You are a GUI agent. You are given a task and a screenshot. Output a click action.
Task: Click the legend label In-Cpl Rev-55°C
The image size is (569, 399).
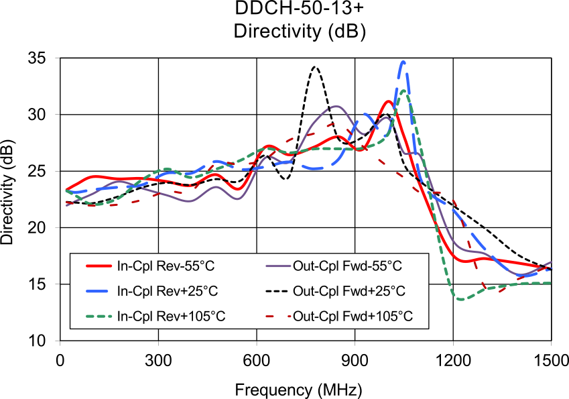point(166,266)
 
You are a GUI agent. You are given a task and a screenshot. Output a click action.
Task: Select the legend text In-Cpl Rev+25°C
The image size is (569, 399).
point(167,291)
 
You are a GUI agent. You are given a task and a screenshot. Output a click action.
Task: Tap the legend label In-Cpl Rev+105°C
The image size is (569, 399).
point(171,316)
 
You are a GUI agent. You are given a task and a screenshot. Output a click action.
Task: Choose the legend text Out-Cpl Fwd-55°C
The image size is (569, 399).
point(347,266)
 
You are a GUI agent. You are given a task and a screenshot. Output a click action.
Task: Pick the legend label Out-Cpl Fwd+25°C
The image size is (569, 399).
point(349,291)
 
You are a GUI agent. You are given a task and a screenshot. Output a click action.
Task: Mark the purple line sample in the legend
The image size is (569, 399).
point(278,266)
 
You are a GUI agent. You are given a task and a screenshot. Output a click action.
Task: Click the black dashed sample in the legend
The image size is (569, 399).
point(278,291)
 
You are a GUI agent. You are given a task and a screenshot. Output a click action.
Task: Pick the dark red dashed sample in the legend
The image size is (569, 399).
point(278,316)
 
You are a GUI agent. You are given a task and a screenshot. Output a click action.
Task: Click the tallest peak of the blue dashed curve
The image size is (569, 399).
point(403,62)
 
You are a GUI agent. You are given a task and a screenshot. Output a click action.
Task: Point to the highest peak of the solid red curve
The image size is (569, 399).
point(389,102)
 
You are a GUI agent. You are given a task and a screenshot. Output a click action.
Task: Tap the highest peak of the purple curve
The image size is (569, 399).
point(336,106)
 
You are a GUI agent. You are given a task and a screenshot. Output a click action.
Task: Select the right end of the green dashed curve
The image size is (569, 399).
point(551,283)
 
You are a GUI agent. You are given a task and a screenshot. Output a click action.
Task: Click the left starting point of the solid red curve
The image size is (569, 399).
point(66,190)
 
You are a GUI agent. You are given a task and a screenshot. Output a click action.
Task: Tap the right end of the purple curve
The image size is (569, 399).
point(552,262)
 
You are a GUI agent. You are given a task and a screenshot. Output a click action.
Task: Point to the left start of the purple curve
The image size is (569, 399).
point(66,205)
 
